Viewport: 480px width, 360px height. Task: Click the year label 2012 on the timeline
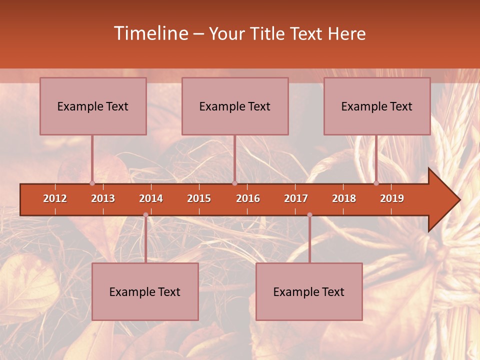coord(55,198)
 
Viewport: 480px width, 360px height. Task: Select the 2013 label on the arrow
coord(103,198)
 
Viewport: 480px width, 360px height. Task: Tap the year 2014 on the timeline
coord(151,198)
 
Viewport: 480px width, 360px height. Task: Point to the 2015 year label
coord(199,198)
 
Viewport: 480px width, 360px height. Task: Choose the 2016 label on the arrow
coord(248,198)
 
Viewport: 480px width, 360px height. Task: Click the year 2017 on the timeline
coord(296,198)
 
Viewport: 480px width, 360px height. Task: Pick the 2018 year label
coord(344,198)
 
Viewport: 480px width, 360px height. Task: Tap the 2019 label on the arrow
coord(392,198)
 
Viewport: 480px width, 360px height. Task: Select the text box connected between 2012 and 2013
coord(93,106)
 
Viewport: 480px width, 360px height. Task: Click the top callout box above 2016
coord(235,106)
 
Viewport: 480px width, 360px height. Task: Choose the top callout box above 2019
coord(377,106)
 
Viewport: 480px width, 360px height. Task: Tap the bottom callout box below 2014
coord(145,291)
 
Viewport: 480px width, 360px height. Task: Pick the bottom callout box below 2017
coord(309,291)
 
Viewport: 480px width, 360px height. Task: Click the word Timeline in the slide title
coord(150,33)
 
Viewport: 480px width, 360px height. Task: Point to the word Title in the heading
coord(270,34)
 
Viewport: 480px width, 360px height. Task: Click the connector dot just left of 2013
coord(92,183)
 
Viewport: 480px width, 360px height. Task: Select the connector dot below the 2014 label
coord(145,215)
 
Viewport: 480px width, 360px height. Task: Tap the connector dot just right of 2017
coord(309,215)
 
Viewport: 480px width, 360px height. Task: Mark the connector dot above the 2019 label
coord(376,183)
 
